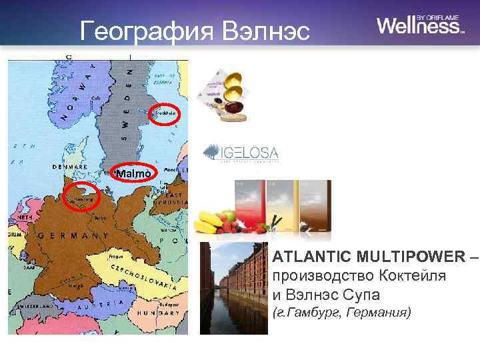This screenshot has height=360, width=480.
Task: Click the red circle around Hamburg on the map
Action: pos(81,198)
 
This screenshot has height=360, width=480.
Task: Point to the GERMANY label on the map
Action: pos(73,236)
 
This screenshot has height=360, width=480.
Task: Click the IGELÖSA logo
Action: pos(241,153)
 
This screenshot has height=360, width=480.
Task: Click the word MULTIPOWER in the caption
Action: pos(410,257)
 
